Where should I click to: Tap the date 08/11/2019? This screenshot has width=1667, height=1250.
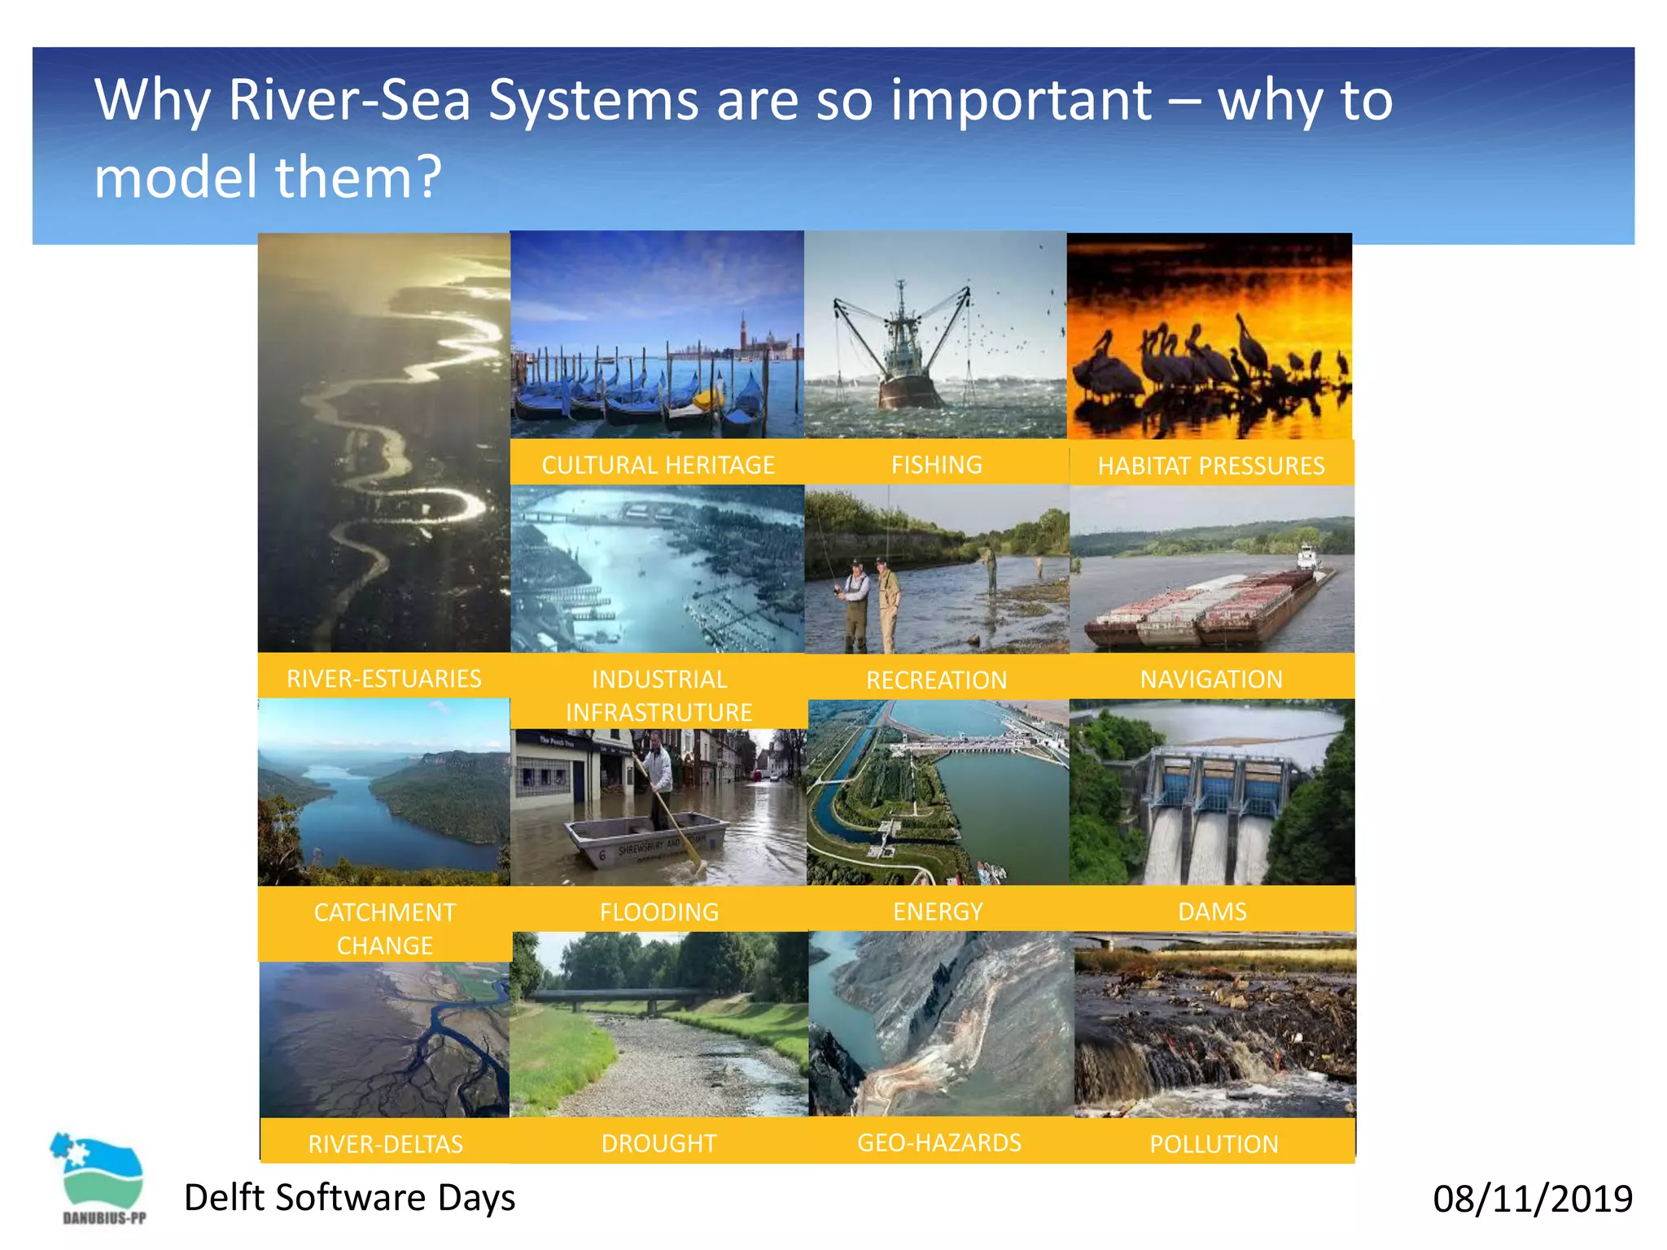point(1532,1199)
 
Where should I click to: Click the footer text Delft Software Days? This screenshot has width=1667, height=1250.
point(349,1197)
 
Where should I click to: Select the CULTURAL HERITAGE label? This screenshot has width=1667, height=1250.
point(658,465)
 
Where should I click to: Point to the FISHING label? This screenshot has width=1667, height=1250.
point(936,465)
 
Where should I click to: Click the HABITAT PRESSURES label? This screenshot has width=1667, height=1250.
point(1210,465)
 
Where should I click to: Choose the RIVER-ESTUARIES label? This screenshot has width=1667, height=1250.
point(383,678)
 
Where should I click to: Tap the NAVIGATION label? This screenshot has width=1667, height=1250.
point(1210,679)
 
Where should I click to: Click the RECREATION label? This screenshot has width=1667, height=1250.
point(936,680)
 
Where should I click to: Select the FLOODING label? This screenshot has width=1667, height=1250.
point(658,911)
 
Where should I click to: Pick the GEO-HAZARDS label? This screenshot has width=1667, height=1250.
point(939,1143)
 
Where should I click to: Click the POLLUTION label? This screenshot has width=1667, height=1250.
point(1213,1144)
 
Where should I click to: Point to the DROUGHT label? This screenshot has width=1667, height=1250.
point(658,1143)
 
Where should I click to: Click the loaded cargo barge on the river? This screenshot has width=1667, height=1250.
point(1205,606)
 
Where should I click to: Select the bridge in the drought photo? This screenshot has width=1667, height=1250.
point(619,997)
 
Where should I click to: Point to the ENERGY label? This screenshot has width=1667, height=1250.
point(938,911)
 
